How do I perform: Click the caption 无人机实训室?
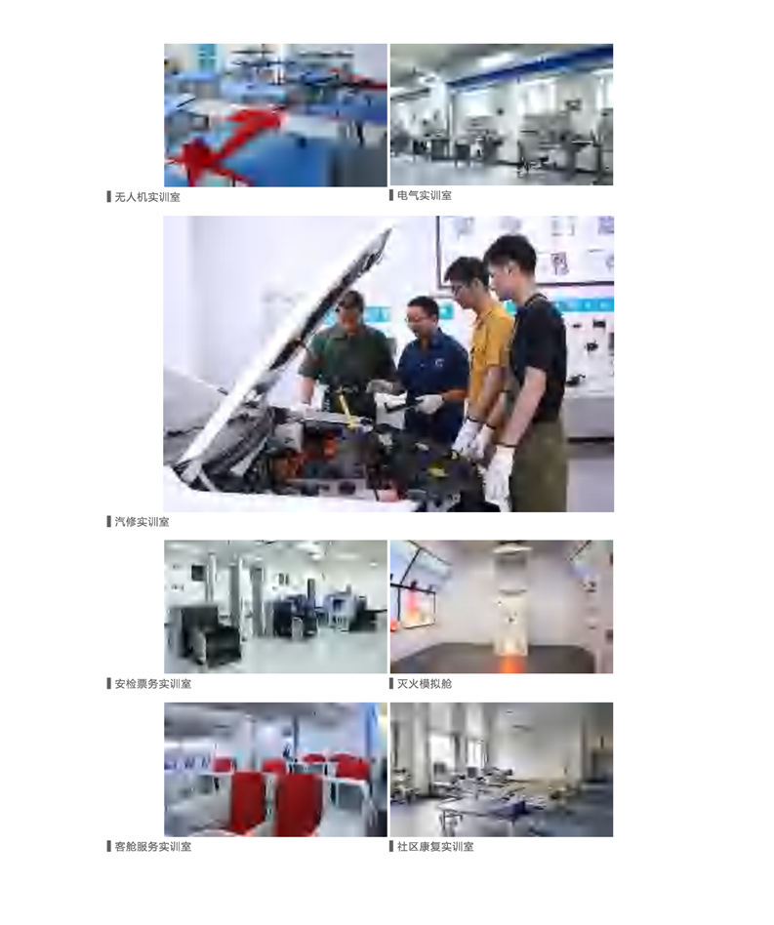coord(147,197)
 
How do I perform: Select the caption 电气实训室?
coord(425,195)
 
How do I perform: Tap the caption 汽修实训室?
coord(142,521)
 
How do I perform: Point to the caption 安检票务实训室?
coord(153,684)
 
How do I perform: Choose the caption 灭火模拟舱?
coord(425,684)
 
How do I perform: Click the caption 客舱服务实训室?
coord(153,847)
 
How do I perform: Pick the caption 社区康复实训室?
coord(435,847)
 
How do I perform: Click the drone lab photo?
coord(275,115)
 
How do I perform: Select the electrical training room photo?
coord(502,114)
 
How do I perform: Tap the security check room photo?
coord(275,607)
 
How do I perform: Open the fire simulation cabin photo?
coord(502,607)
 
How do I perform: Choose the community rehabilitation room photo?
coord(502,769)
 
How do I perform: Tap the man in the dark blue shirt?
coord(430,366)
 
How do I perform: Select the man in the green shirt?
coord(348,354)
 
